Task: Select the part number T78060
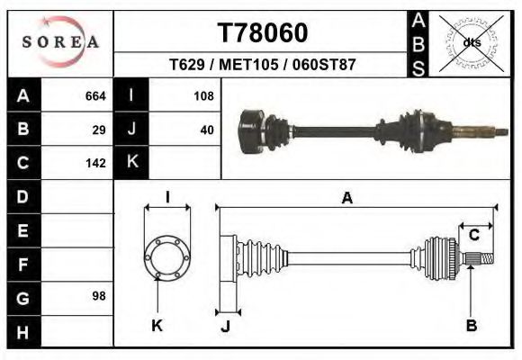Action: click(x=263, y=32)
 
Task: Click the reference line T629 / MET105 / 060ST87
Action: click(x=263, y=66)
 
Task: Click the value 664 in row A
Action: click(x=95, y=96)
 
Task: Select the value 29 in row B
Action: click(x=99, y=130)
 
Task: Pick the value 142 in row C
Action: click(x=95, y=163)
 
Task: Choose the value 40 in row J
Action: click(x=206, y=130)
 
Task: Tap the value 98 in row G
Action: click(x=99, y=296)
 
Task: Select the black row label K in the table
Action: click(x=131, y=163)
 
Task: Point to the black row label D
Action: click(x=23, y=196)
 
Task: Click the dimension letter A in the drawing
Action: click(x=346, y=199)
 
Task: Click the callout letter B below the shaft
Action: click(x=471, y=325)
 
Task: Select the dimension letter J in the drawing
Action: click(x=225, y=326)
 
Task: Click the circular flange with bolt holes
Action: click(x=167, y=256)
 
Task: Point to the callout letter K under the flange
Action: click(x=156, y=325)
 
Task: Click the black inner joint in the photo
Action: click(x=257, y=131)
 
